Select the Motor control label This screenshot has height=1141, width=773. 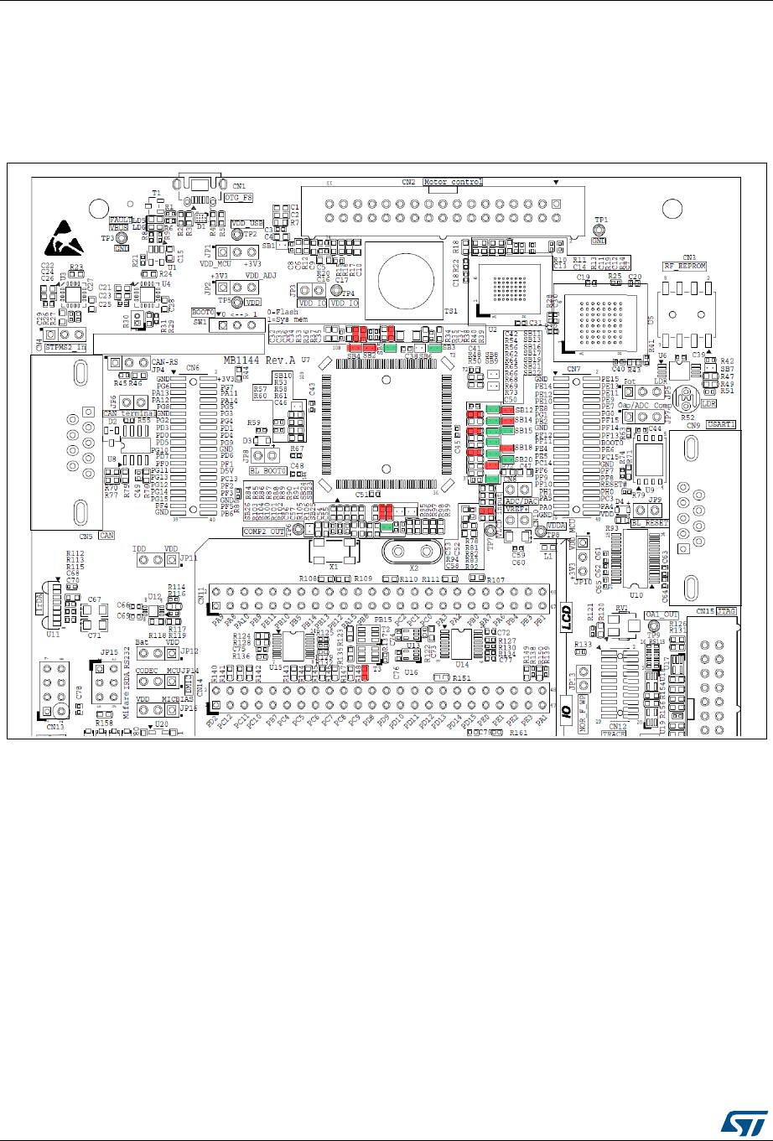(453, 181)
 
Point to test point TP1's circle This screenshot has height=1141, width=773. (600, 229)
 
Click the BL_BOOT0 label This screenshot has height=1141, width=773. (266, 473)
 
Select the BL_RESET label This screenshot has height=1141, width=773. (650, 521)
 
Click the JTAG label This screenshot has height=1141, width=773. (725, 610)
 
